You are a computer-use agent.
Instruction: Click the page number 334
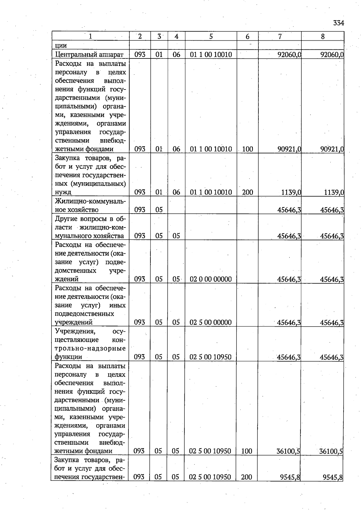tap(338, 23)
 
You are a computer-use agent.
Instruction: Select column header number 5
tap(211, 36)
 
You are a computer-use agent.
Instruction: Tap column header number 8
tap(323, 36)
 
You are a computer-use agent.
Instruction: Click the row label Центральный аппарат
tap(89, 55)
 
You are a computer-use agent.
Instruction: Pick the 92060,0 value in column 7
tap(289, 55)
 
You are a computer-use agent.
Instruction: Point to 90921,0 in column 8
tap(332, 149)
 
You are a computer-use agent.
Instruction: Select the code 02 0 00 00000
tap(211, 279)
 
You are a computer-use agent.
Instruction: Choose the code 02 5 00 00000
tap(211, 322)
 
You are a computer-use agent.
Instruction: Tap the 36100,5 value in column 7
tap(288, 451)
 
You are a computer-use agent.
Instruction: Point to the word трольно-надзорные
tap(90, 348)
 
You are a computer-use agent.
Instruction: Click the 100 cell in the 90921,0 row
tap(247, 149)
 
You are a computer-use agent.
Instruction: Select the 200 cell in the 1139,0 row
tap(247, 192)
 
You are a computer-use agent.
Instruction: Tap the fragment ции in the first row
tap(61, 45)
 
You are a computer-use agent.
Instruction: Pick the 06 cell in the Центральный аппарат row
tap(176, 55)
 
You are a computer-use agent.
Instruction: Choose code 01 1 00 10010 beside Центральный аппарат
tap(211, 55)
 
